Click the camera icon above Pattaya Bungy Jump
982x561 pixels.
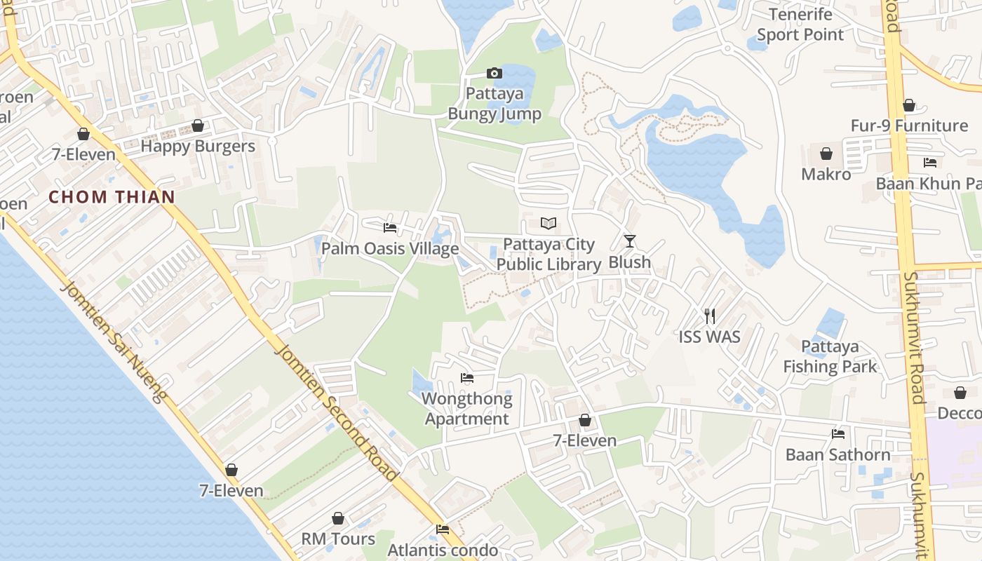(495, 73)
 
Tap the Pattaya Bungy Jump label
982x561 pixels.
(495, 104)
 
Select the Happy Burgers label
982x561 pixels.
(198, 147)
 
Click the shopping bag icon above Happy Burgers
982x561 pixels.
(198, 126)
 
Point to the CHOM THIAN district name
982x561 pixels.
(112, 197)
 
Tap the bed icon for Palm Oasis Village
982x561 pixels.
(390, 228)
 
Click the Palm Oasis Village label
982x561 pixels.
(390, 249)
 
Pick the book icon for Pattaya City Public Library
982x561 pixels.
(549, 224)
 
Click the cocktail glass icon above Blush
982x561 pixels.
(630, 241)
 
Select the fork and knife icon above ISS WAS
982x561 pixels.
(710, 316)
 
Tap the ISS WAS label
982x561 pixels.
(710, 337)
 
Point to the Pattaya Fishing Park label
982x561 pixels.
(830, 356)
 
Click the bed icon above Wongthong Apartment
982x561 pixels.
(467, 378)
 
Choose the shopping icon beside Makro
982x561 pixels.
(826, 154)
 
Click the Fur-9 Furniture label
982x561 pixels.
(909, 126)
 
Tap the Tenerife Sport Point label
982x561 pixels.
(800, 25)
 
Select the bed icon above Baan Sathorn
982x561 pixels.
(838, 434)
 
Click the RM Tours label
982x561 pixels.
(338, 539)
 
